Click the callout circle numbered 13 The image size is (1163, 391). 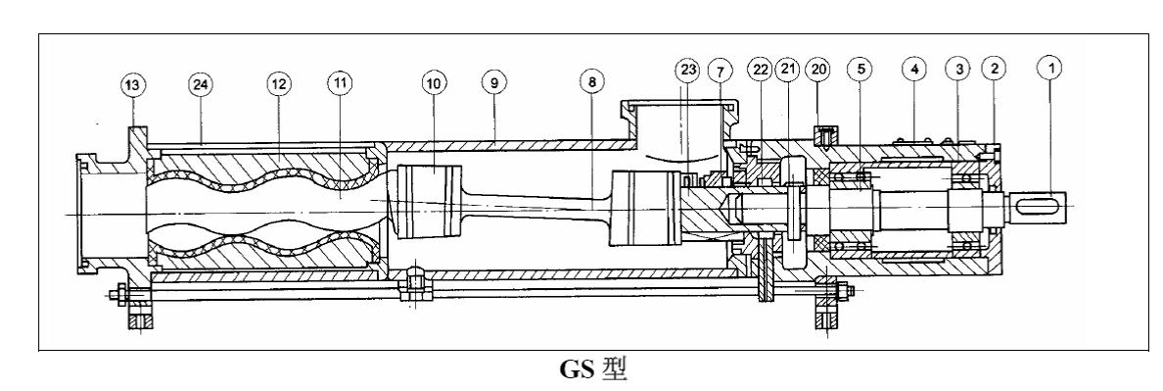point(133,85)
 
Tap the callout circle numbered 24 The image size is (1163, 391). point(201,84)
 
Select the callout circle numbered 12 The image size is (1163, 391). point(279,84)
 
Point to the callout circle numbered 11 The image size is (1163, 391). point(341,83)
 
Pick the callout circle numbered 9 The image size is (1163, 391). point(493,81)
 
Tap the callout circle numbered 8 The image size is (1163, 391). point(592,81)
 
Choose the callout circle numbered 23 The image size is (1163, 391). point(688,71)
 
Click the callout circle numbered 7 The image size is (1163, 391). point(719,72)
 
